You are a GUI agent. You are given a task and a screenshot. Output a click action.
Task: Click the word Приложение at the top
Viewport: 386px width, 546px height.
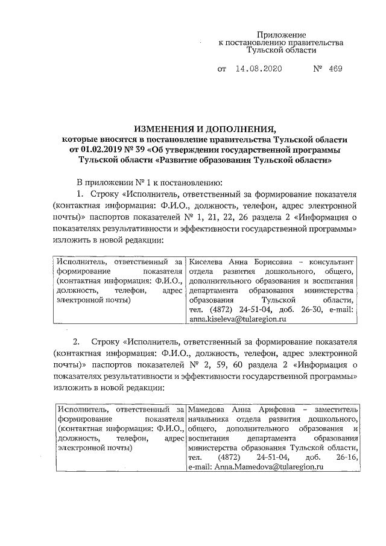pyautogui.click(x=282, y=35)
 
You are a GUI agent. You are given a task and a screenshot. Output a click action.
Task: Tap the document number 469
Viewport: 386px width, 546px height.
pyautogui.click(x=335, y=69)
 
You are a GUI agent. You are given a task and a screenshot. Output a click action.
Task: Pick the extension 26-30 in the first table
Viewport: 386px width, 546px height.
pyautogui.click(x=292, y=308)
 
